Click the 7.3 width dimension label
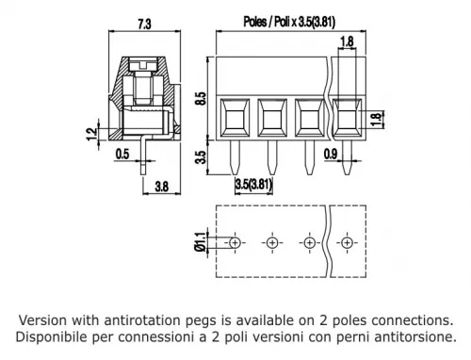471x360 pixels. (x=144, y=24)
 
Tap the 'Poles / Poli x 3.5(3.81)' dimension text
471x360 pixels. (x=289, y=22)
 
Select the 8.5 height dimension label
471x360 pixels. (x=201, y=98)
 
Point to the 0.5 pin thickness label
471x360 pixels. (x=122, y=154)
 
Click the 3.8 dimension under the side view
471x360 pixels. (x=162, y=187)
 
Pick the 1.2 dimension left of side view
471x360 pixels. (x=91, y=134)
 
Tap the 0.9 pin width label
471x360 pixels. (x=331, y=154)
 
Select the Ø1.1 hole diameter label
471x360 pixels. (x=201, y=242)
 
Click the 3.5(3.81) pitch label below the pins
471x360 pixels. (x=253, y=184)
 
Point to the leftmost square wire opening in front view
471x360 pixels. (x=235, y=118)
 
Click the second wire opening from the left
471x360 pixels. (x=272, y=118)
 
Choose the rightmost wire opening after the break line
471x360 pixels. (x=347, y=118)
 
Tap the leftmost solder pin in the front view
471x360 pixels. (x=235, y=157)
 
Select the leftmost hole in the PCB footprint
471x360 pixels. (x=235, y=242)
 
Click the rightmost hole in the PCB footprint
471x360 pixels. (x=347, y=242)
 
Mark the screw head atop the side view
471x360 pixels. (x=144, y=65)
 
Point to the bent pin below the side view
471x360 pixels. (x=144, y=155)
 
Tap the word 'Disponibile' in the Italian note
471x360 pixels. (x=52, y=337)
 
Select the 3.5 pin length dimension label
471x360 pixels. (x=201, y=157)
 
